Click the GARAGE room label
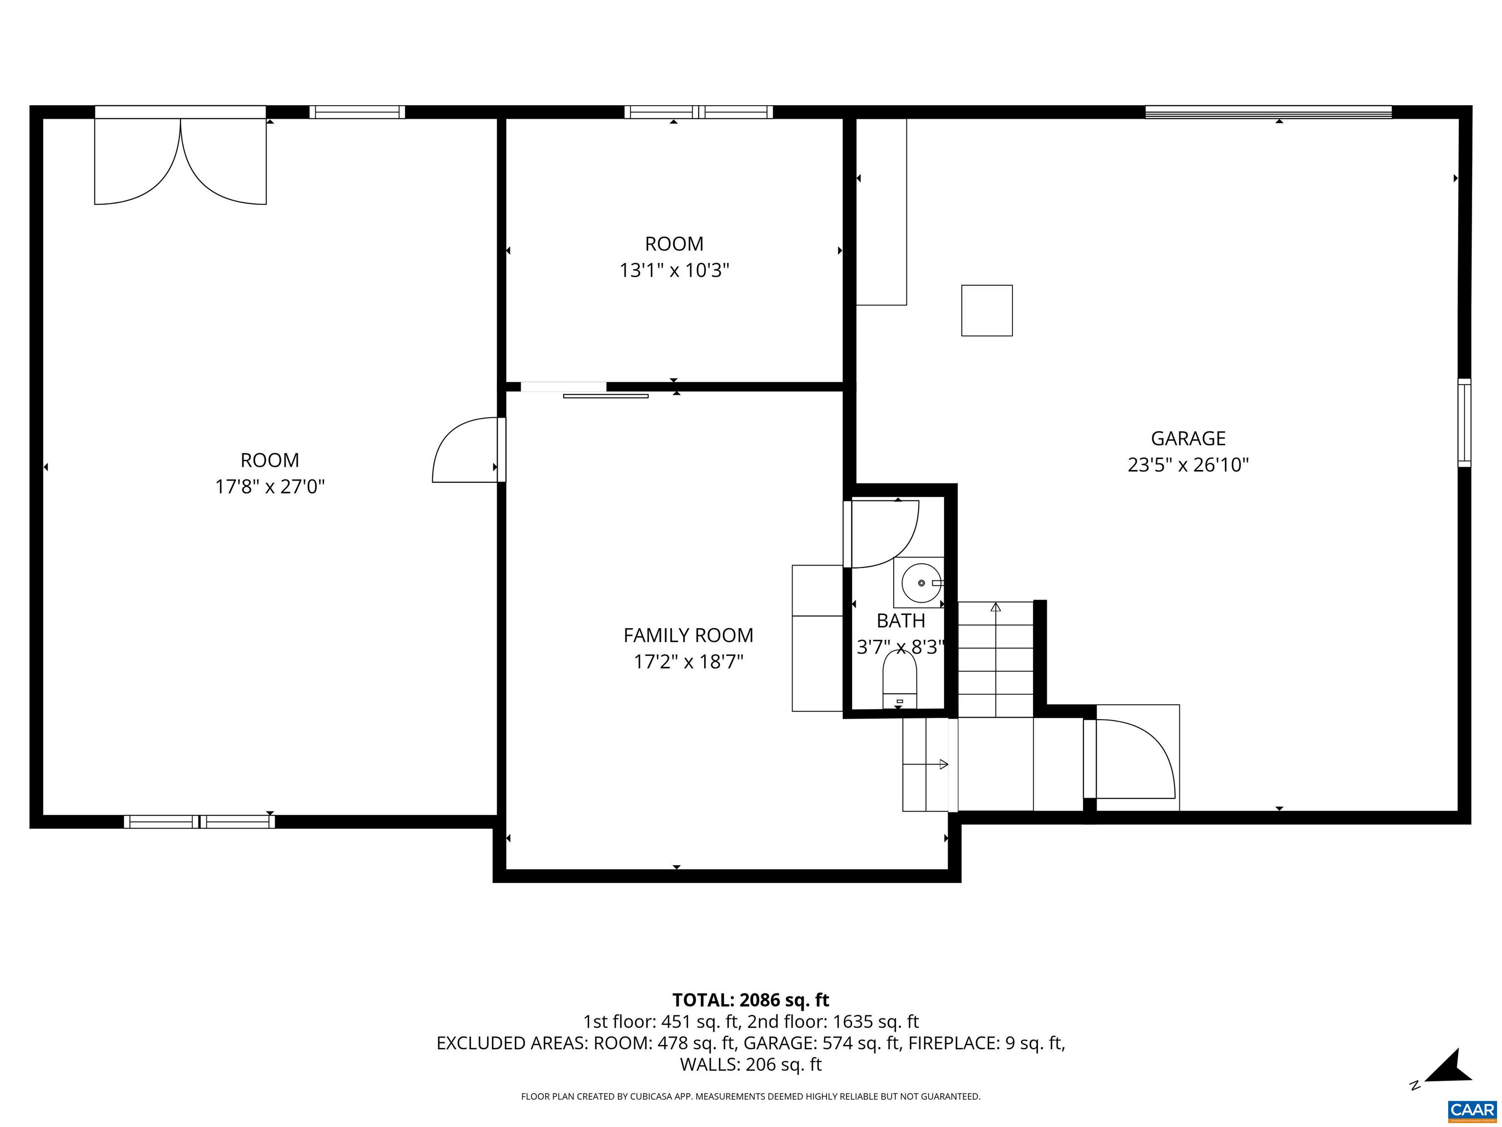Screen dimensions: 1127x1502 (x=1188, y=439)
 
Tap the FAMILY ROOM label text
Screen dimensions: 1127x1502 (x=688, y=635)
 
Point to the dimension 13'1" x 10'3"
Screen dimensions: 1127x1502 (x=674, y=271)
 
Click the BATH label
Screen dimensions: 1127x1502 (x=901, y=621)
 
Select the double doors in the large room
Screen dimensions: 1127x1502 (x=180, y=163)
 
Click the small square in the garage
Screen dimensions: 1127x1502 (x=987, y=311)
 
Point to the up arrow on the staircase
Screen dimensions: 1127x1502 (x=995, y=607)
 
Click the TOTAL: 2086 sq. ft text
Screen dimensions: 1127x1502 (x=751, y=1000)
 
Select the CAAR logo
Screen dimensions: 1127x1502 (x=1472, y=1110)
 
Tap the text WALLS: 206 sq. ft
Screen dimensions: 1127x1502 (x=751, y=1064)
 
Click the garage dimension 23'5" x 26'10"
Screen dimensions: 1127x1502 (x=1188, y=465)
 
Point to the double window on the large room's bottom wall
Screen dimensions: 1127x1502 (x=199, y=821)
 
